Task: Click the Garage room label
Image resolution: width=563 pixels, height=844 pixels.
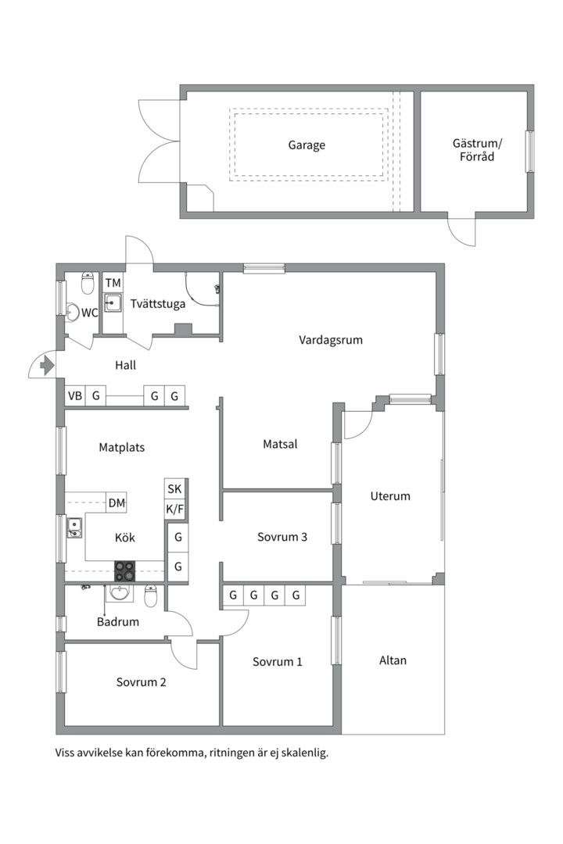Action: [x=307, y=145]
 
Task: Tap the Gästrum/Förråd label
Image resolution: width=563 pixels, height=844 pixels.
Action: [x=477, y=150]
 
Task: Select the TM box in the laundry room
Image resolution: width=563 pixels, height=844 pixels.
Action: [x=113, y=283]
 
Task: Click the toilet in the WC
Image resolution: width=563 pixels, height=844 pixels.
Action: [x=88, y=284]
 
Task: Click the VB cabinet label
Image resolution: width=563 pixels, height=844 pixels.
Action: [x=75, y=396]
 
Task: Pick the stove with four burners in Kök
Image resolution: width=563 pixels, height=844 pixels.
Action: [x=124, y=571]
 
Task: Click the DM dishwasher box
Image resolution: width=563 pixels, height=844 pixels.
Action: [x=117, y=503]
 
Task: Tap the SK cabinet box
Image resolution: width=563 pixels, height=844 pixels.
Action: [x=174, y=488]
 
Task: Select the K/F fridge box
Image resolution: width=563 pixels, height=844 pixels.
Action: [x=174, y=510]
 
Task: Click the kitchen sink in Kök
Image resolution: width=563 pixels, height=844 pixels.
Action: [x=74, y=527]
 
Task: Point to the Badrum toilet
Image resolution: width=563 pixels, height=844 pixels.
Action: [x=151, y=595]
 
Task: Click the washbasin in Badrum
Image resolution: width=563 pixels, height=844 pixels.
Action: [x=120, y=593]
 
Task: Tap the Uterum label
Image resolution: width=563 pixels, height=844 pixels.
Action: [x=390, y=495]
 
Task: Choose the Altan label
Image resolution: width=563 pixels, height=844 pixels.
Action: [x=393, y=660]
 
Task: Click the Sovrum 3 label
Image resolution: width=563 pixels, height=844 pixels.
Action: [x=281, y=537]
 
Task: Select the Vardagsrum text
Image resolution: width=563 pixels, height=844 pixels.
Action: [x=331, y=340]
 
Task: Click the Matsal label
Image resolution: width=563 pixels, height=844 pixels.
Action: [x=280, y=444]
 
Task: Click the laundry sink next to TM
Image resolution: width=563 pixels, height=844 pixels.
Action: [x=113, y=303]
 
